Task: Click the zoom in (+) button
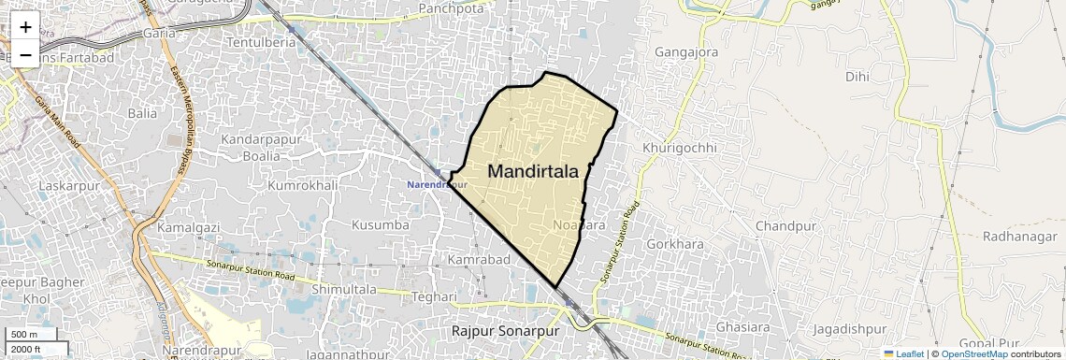click(25, 27)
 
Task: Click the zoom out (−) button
click(25, 55)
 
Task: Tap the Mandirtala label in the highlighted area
click(533, 172)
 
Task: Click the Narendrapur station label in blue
click(437, 184)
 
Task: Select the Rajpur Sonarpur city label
click(505, 332)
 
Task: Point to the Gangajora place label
click(686, 52)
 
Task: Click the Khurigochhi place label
click(679, 148)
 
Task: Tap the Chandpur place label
click(786, 226)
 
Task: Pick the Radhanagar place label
click(1019, 237)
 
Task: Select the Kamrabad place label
click(478, 259)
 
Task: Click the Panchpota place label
click(452, 8)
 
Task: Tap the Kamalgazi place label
click(187, 227)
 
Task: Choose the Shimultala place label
click(343, 290)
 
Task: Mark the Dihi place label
click(857, 77)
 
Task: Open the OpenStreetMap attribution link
click(973, 354)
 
